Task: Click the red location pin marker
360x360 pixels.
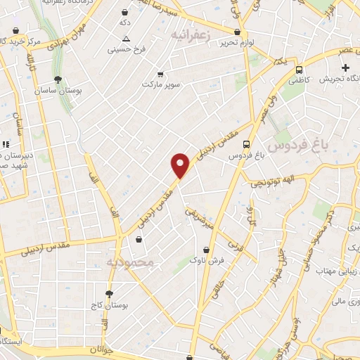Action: click(x=181, y=166)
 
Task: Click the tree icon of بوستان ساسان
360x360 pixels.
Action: click(x=57, y=79)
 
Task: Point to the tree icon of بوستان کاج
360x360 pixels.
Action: click(x=109, y=294)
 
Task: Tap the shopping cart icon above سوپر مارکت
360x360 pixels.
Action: click(x=160, y=74)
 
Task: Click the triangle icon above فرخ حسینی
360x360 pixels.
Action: click(x=126, y=39)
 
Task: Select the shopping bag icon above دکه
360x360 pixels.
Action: click(x=125, y=13)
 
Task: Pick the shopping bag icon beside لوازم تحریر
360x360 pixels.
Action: click(x=238, y=32)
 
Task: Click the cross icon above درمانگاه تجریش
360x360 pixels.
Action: click(x=345, y=67)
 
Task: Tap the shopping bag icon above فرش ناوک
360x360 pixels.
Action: click(x=206, y=249)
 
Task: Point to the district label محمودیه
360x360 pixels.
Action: click(x=134, y=263)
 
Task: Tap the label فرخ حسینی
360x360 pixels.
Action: click(x=126, y=49)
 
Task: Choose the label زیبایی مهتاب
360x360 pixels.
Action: click(x=333, y=271)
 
